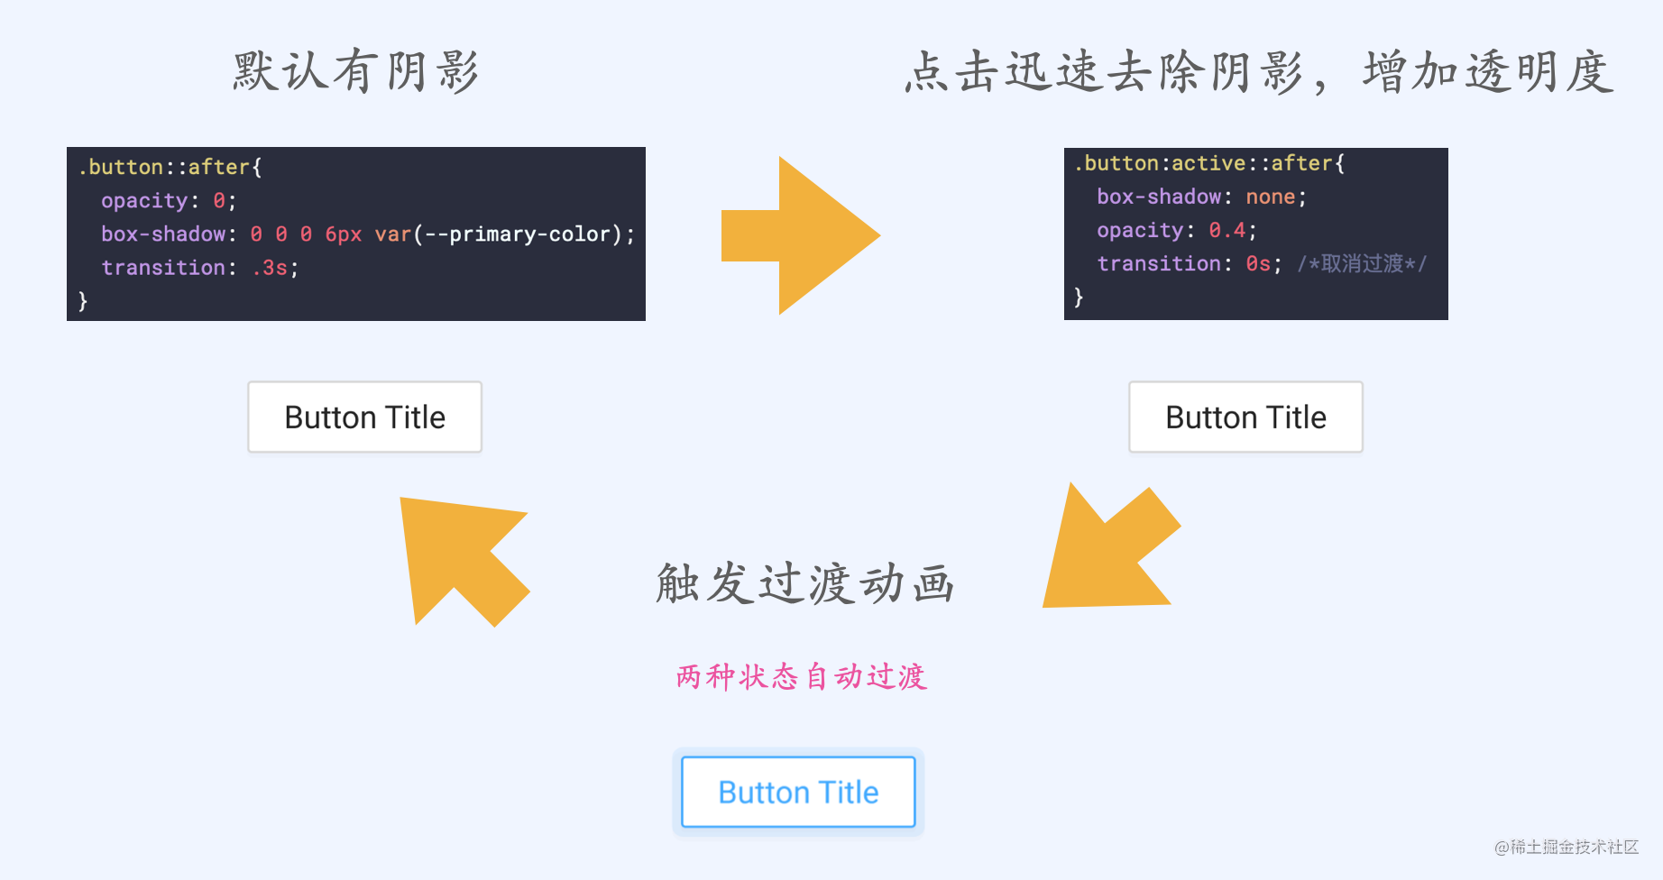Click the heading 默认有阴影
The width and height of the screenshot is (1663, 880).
(355, 71)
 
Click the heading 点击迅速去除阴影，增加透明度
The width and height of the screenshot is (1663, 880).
(1259, 71)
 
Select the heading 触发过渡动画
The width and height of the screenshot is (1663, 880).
(804, 582)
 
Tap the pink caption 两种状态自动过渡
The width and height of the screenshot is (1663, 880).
(801, 676)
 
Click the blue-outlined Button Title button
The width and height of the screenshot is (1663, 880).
(798, 792)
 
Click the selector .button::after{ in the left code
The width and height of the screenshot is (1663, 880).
(170, 167)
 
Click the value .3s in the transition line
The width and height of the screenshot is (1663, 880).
(270, 268)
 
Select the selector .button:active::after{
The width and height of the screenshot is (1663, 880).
(1208, 163)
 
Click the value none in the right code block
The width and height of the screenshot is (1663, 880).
(1270, 197)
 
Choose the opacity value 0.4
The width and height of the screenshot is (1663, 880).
(1227, 230)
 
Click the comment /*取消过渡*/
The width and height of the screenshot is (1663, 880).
(1362, 263)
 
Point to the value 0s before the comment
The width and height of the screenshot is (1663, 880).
(1257, 263)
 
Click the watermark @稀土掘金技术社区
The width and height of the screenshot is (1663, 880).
(1566, 847)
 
